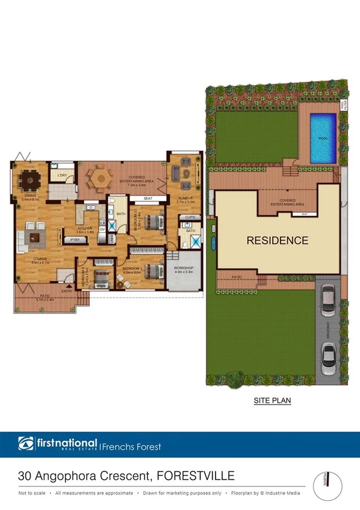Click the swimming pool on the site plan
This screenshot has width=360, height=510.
(x=323, y=138)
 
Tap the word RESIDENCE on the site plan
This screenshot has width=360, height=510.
(x=278, y=240)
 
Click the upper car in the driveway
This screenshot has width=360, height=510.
(x=328, y=300)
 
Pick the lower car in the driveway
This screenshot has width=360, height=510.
(x=328, y=358)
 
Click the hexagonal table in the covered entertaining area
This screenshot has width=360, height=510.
(x=100, y=178)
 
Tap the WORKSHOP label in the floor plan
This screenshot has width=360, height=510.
(x=183, y=267)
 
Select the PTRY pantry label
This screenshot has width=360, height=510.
(x=75, y=240)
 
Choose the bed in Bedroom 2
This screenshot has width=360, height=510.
(x=152, y=222)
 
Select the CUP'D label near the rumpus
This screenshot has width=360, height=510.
(x=190, y=217)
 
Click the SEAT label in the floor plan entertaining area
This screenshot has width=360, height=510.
(x=147, y=199)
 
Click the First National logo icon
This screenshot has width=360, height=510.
(x=25, y=444)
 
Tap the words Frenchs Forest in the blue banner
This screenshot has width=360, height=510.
(x=131, y=447)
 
